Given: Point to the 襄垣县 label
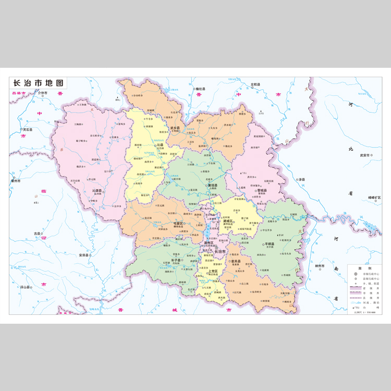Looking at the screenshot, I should (x=213, y=185).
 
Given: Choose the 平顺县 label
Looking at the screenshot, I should (x=270, y=243).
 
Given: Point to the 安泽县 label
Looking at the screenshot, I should (x=84, y=255).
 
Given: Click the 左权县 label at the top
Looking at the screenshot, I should (x=254, y=84).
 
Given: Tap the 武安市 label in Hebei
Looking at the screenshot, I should (x=364, y=155).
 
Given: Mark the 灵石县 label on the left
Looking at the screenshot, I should (x=27, y=129).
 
